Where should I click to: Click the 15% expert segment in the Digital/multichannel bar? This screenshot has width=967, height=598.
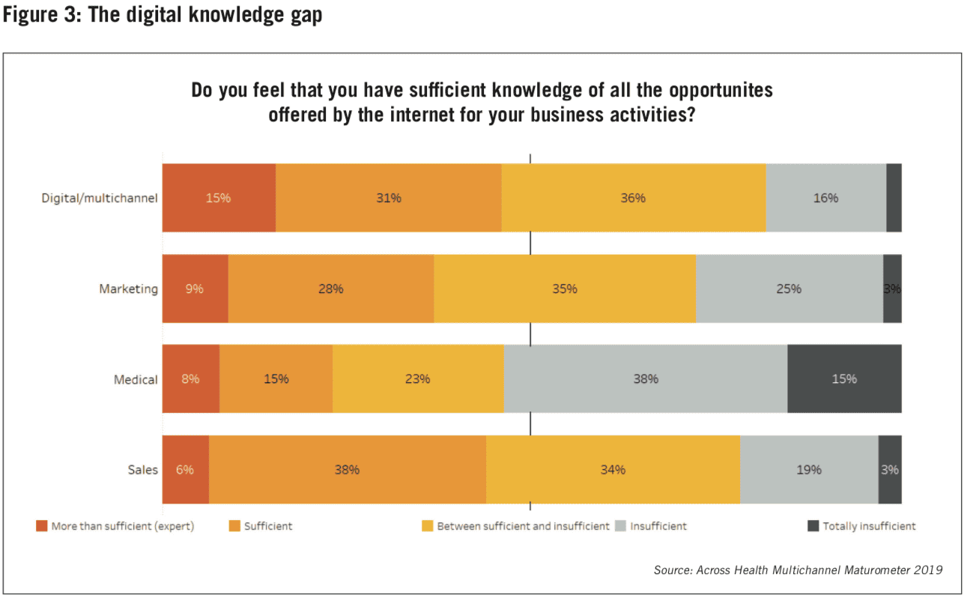point(219,198)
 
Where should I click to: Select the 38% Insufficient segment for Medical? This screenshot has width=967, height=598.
point(645,378)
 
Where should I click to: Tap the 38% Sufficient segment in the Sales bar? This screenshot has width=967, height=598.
point(347,470)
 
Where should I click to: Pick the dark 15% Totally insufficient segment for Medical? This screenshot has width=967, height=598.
point(844,378)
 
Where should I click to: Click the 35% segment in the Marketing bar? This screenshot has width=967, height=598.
point(565,289)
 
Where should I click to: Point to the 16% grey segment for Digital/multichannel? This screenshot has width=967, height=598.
point(825,198)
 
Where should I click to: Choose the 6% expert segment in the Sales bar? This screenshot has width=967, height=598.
point(185,470)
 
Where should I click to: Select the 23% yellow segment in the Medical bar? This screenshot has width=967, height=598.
point(417,378)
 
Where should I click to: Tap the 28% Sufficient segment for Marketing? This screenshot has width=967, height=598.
point(330,289)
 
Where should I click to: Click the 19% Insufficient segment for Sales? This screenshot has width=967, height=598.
point(808,470)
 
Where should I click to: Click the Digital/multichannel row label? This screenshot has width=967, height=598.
point(100,199)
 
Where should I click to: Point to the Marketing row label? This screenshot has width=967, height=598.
point(129,289)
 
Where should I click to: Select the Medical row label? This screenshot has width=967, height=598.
point(136,379)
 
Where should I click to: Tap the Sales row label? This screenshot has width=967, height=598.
point(142,470)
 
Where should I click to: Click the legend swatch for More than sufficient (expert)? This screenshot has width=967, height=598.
point(41,526)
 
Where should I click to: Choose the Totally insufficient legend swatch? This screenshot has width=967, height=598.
point(813,526)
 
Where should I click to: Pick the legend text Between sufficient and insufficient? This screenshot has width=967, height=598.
point(523,526)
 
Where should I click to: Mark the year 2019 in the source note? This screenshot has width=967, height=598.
point(927,570)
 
